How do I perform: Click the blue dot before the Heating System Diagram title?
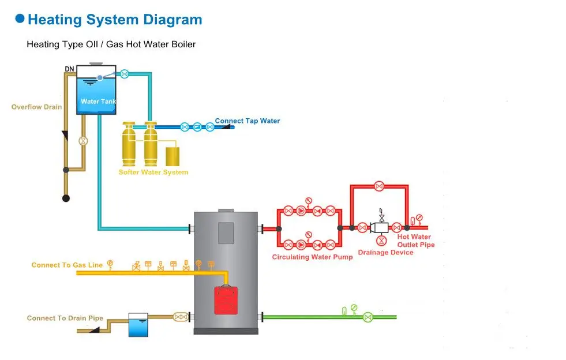tap(20, 19)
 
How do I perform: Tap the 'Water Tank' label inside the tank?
tap(99, 102)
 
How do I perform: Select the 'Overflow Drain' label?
tap(36, 107)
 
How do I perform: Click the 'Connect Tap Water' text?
tap(247, 121)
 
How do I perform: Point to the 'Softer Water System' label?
tap(153, 172)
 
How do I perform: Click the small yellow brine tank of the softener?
tap(173, 157)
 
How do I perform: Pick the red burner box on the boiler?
tap(226, 300)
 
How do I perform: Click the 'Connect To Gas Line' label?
tap(67, 265)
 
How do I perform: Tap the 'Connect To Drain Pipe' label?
tap(65, 318)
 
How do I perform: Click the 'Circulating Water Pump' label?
tap(312, 257)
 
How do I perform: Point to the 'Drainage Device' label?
tap(385, 252)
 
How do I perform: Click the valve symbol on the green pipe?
tap(368, 317)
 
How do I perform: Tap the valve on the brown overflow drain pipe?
tap(83, 141)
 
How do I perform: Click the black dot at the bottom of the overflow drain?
tap(66, 198)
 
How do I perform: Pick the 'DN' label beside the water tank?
tap(69, 69)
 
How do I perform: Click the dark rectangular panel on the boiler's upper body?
tap(226, 232)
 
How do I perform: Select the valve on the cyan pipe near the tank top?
tap(124, 74)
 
